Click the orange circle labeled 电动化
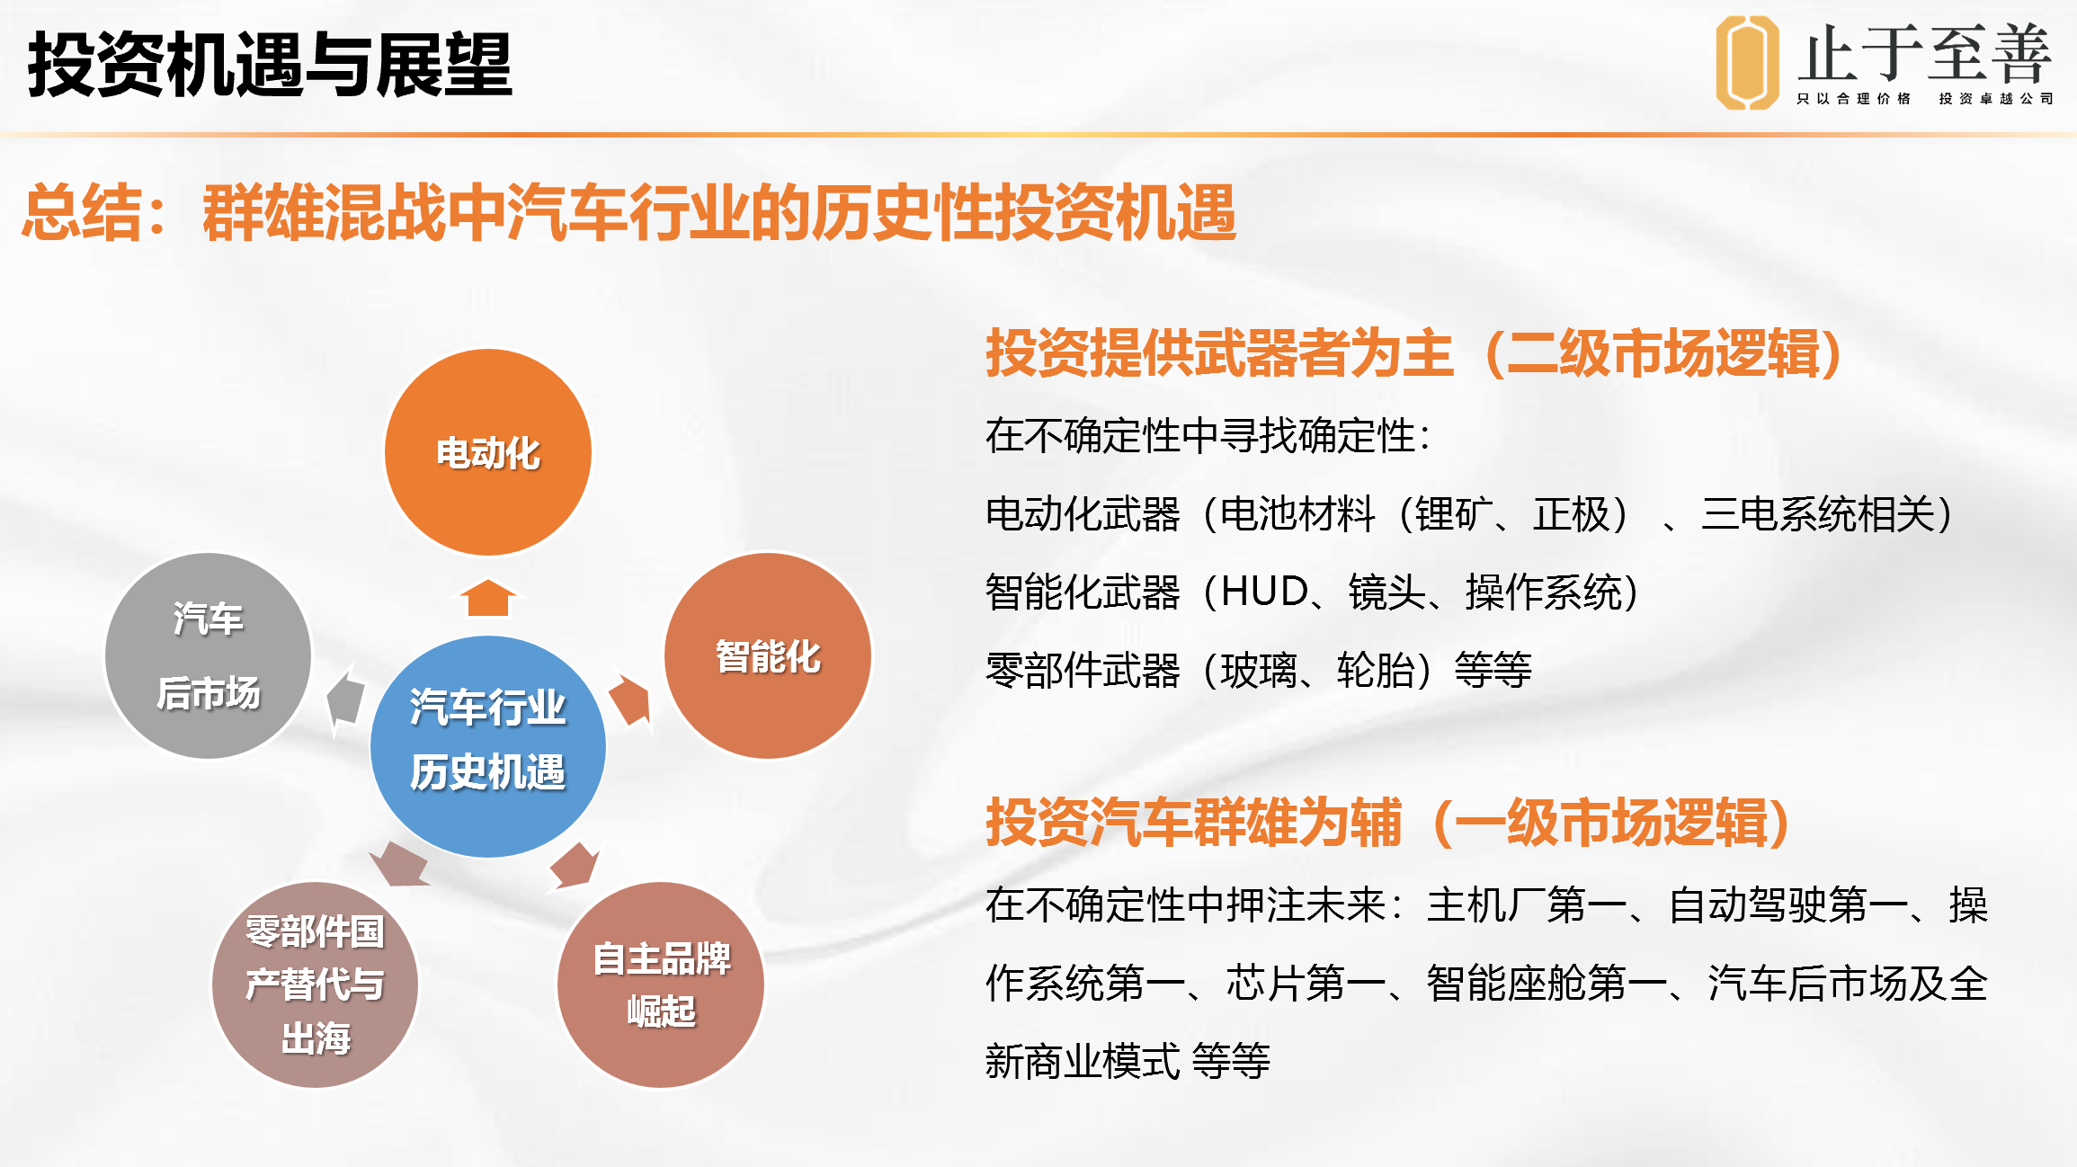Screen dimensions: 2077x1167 487,452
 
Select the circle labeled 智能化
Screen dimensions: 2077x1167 767,655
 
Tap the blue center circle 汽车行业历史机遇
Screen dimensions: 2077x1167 487,746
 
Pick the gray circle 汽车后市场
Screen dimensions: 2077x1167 208,655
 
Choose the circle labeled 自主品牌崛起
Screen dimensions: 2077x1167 661,984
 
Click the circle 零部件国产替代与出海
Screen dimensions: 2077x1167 315,984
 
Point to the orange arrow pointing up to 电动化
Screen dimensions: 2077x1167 487,598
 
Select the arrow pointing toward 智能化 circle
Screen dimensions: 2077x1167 630,699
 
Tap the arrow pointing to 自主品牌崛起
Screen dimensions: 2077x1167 575,866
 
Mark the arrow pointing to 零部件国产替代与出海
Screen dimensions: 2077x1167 400,865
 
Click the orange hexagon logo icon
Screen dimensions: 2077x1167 1746,63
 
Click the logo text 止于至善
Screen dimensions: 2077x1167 1925,54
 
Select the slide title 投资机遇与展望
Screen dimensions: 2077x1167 270,64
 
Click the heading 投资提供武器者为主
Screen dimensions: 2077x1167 1219,352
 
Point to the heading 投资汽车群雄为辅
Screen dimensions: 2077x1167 1193,822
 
